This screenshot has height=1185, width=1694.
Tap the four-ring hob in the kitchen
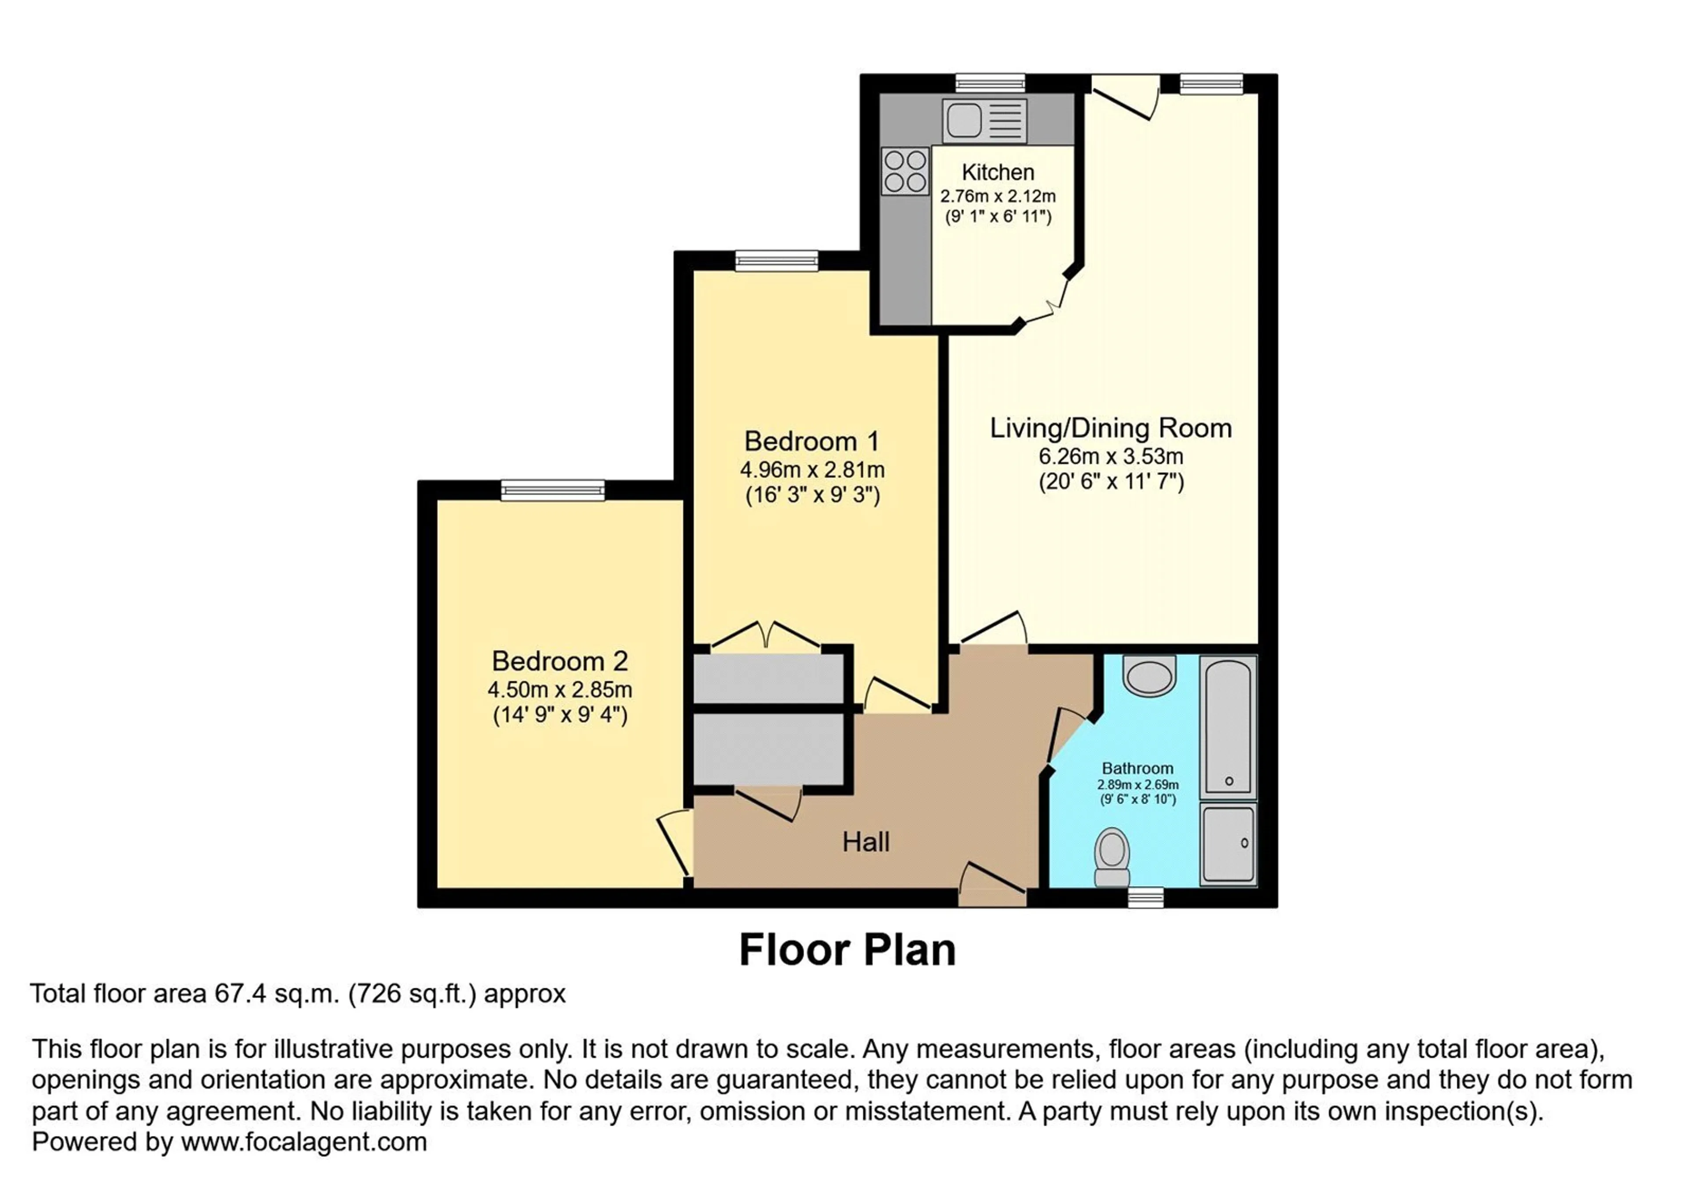click(905, 171)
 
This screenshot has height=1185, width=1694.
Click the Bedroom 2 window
click(553, 490)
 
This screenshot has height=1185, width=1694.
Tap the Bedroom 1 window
click(777, 260)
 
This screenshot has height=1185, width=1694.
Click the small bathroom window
click(1146, 897)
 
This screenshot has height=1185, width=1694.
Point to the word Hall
click(866, 842)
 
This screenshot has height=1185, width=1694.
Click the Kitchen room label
click(997, 172)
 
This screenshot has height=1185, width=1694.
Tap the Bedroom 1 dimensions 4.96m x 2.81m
click(812, 469)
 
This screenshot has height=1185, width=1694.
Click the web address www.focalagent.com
click(304, 1142)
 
